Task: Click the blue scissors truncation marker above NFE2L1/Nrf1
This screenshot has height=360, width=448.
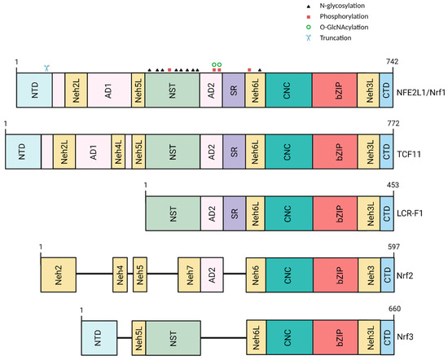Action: [47, 69]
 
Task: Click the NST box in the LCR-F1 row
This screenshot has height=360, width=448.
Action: [172, 215]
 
